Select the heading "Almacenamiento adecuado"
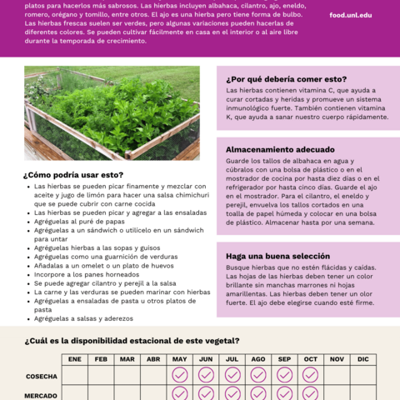tap(276, 149)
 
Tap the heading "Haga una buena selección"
tap(272, 256)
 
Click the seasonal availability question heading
tap(132, 340)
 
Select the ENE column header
tap(75, 359)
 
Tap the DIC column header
tap(362, 359)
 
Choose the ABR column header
tap(153, 359)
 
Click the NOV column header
tap(337, 359)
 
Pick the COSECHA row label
tap(42, 377)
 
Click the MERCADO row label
tap(42, 395)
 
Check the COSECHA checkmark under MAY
tap(179, 376)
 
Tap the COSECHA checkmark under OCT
tap(310, 376)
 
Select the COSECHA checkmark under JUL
tap(232, 376)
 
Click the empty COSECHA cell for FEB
tap(101, 376)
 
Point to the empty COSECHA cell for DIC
tap(362, 376)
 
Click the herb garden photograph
tap(112, 112)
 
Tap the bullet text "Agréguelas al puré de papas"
tap(79, 221)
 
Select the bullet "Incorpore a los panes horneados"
tap(86, 274)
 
